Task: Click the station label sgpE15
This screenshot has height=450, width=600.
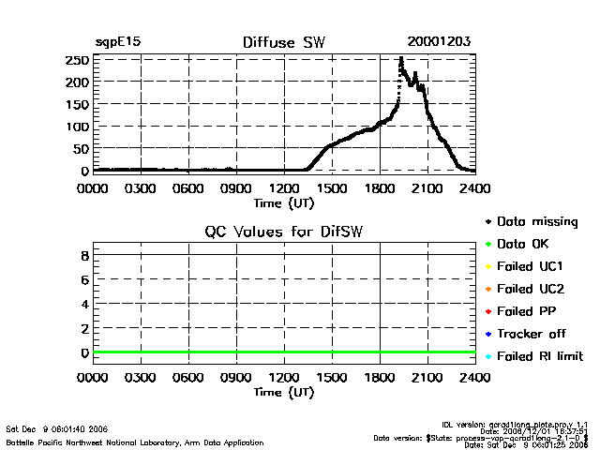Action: (118, 42)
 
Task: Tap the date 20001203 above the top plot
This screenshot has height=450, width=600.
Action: (439, 42)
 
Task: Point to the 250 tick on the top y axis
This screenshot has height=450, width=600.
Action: (78, 60)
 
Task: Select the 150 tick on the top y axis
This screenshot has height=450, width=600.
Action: (78, 104)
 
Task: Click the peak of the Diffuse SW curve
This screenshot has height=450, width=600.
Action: (401, 59)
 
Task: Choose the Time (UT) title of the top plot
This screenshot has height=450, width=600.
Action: (284, 202)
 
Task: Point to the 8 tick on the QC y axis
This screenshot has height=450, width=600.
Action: (84, 255)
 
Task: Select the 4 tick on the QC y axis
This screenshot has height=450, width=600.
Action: (84, 304)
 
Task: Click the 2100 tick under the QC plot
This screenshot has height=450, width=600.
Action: (427, 379)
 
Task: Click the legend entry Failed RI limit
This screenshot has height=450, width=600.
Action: (540, 356)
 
